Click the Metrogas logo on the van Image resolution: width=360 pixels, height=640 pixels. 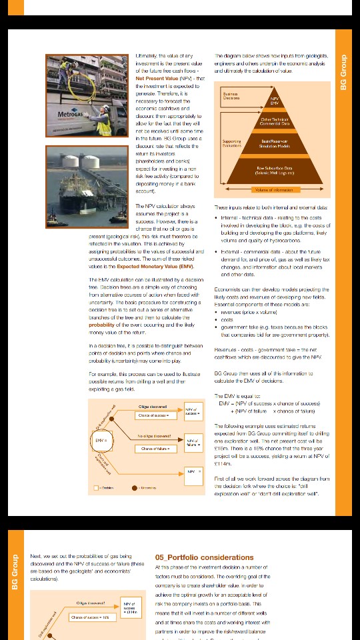70,114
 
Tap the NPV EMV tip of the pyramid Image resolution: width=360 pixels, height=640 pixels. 274,101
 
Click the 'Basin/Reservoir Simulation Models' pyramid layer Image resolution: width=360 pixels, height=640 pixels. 274,143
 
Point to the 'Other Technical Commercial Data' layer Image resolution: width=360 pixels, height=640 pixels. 274,121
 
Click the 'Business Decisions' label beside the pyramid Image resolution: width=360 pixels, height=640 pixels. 231,96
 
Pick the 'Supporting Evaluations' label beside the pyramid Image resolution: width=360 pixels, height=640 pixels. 231,143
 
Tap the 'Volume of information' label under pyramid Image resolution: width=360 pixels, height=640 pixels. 273,190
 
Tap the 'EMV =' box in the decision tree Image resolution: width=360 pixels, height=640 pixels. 100,441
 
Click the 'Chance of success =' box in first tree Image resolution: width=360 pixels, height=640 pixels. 153,415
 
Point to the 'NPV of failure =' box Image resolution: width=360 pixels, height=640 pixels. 193,442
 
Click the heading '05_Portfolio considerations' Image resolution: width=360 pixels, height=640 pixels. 195,557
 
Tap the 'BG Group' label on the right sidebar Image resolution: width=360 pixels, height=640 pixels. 343,72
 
